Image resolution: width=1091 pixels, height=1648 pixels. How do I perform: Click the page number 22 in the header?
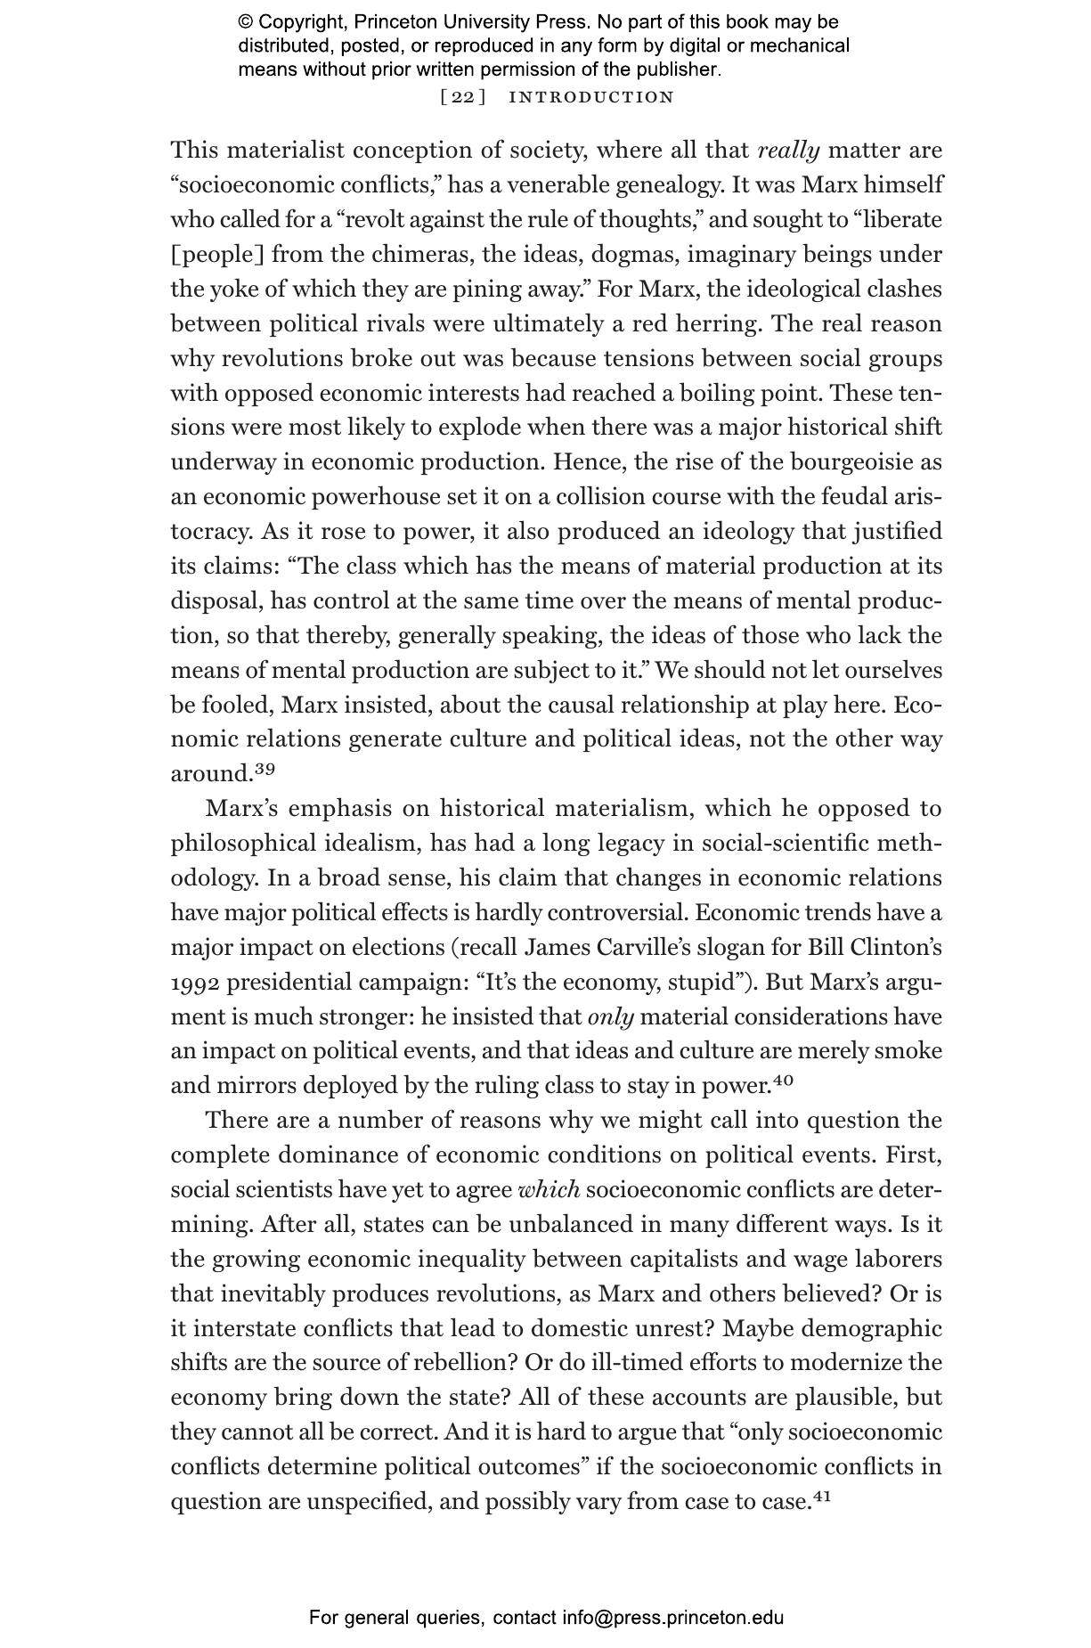463,97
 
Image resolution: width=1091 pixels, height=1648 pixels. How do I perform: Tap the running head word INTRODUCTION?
591,97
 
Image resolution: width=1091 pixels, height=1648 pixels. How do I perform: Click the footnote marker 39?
265,768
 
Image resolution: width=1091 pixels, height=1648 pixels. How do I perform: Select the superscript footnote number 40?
782,1081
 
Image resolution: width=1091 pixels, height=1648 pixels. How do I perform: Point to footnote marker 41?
822,1496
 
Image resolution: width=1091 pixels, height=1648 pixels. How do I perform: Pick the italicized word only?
610,1016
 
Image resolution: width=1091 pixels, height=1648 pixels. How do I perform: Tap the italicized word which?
549,1189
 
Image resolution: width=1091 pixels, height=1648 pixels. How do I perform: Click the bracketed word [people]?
217,255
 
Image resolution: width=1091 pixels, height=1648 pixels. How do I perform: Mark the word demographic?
871,1328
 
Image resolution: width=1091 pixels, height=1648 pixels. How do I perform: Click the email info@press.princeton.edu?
672,1618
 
